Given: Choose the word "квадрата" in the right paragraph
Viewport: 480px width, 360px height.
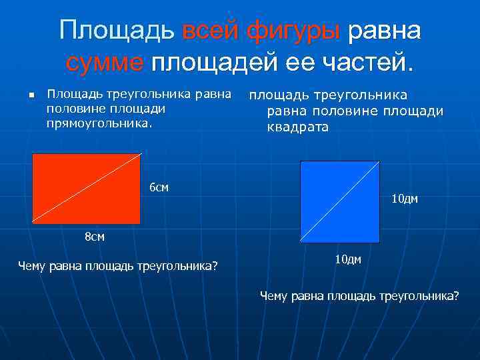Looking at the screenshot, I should [297, 127].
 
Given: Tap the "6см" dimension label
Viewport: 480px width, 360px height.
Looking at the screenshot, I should [159, 188].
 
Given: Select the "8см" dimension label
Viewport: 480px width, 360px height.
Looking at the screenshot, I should [94, 237].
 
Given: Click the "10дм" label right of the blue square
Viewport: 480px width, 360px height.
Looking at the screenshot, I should [405, 199].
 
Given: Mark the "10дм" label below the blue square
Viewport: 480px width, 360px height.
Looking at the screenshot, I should [347, 259].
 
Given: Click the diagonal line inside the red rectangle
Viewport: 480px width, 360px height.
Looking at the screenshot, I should [87, 189].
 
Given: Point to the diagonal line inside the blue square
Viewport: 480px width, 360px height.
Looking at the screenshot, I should [340, 201].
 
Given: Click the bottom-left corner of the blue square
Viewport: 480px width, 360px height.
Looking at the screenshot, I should [301, 241].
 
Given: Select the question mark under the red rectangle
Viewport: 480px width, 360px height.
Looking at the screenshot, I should [215, 267].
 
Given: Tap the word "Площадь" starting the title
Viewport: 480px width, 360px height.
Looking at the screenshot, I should [117, 30].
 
